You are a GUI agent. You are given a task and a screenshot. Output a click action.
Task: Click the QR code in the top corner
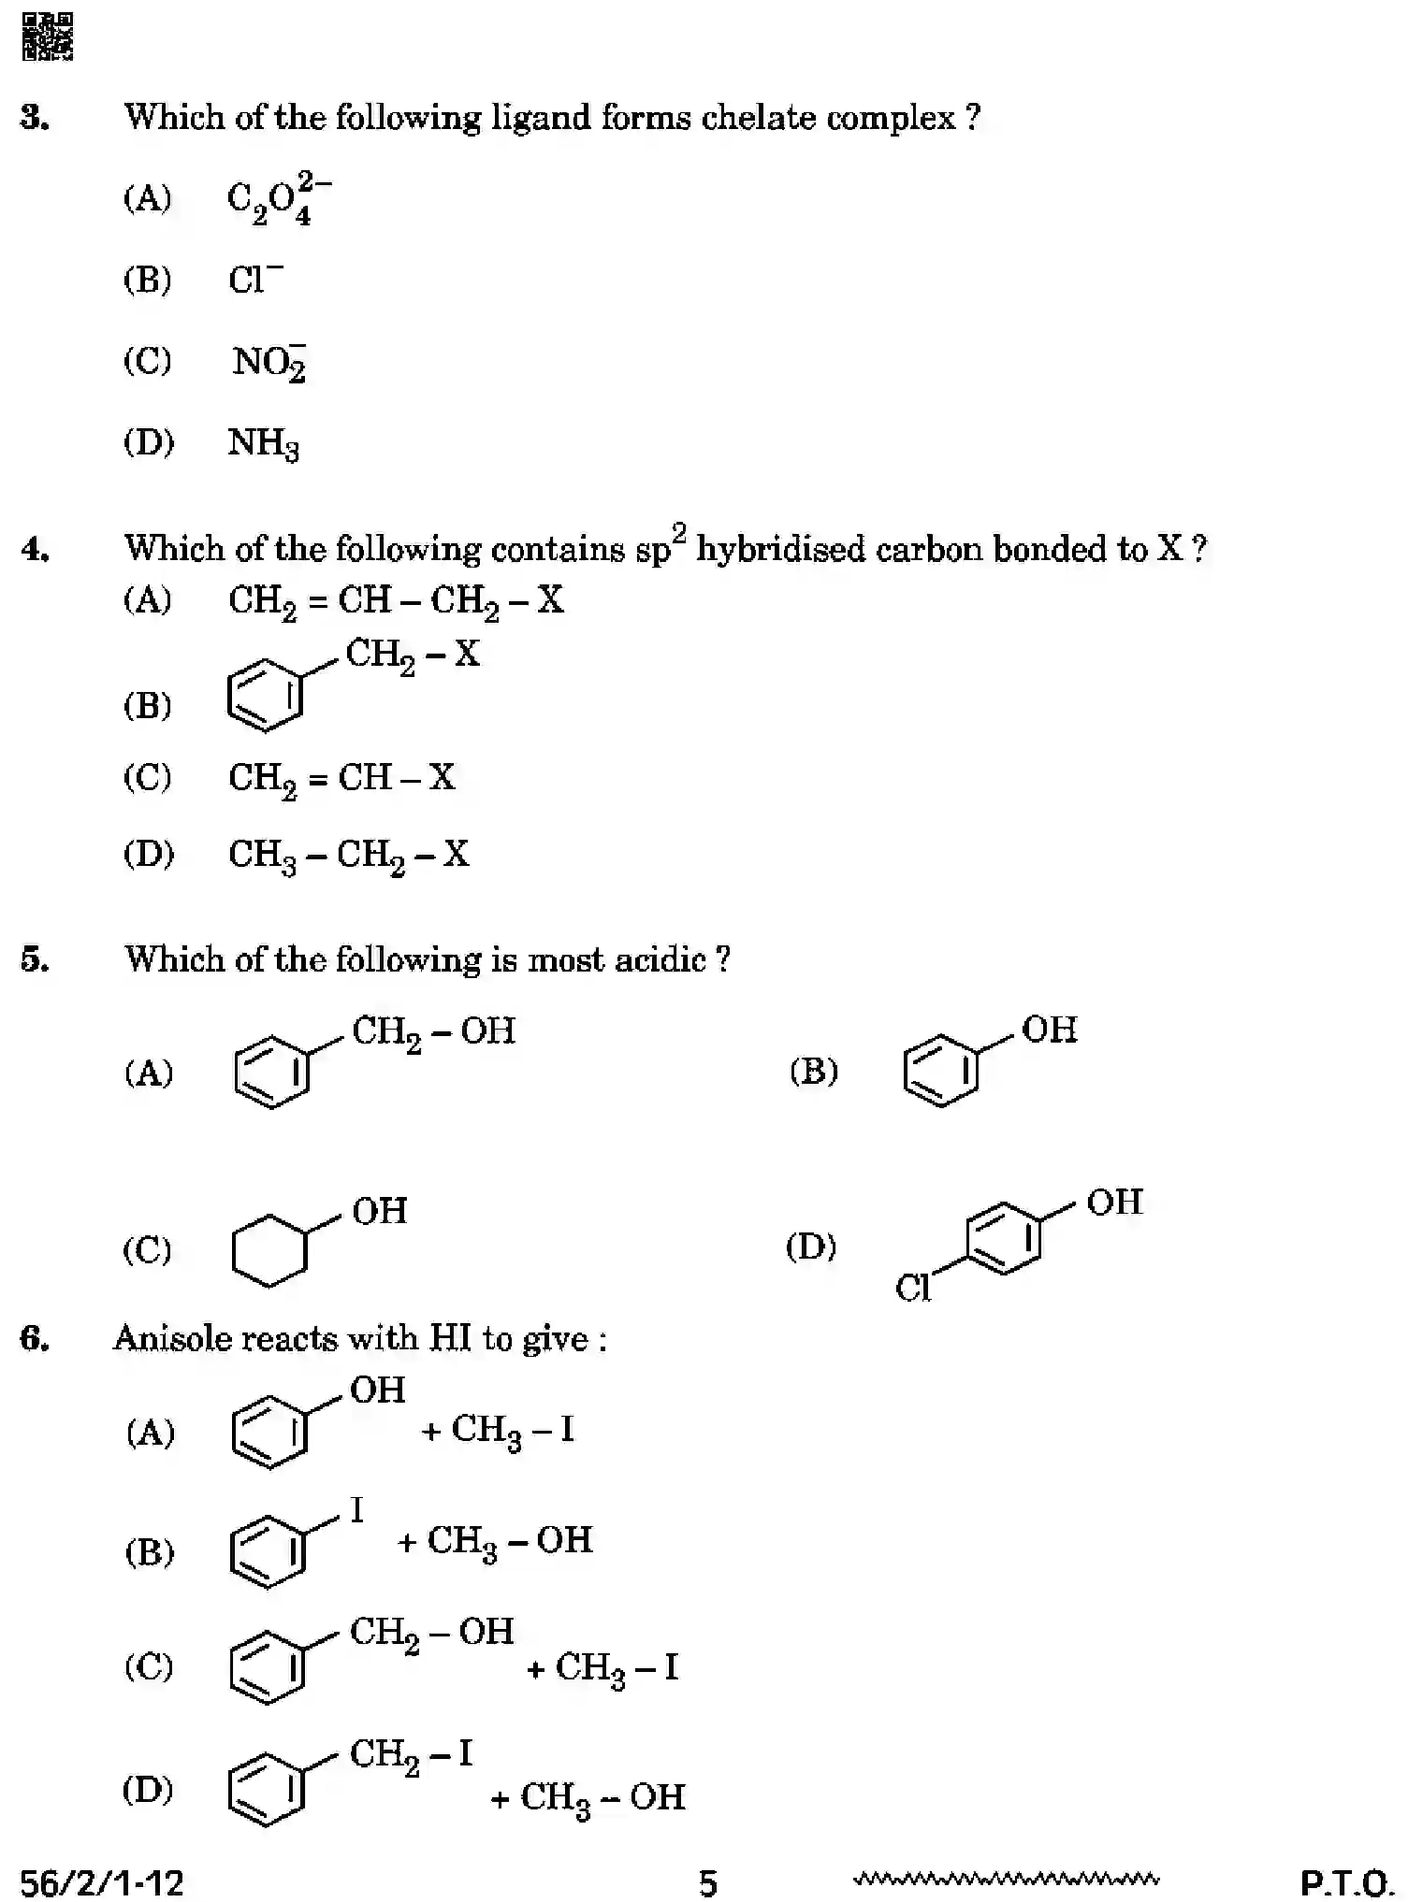[47, 36]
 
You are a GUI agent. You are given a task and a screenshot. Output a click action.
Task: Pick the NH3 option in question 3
[263, 443]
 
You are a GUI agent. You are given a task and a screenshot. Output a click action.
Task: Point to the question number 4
[35, 549]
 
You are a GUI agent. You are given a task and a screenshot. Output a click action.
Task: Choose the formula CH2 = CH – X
[341, 778]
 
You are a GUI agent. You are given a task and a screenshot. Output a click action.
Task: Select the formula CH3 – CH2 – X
[348, 855]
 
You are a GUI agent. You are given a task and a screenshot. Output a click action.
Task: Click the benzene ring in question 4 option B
[266, 695]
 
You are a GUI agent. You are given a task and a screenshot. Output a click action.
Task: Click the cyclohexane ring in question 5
[269, 1250]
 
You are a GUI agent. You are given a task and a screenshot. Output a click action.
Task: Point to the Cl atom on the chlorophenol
[912, 1288]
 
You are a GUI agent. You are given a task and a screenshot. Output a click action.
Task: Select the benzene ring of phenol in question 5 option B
[940, 1070]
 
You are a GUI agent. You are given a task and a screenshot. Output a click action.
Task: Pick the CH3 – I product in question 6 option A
[512, 1430]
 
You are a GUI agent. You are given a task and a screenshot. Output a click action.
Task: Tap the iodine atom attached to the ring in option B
[356, 1509]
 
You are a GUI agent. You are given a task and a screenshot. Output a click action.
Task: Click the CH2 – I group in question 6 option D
[411, 1754]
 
